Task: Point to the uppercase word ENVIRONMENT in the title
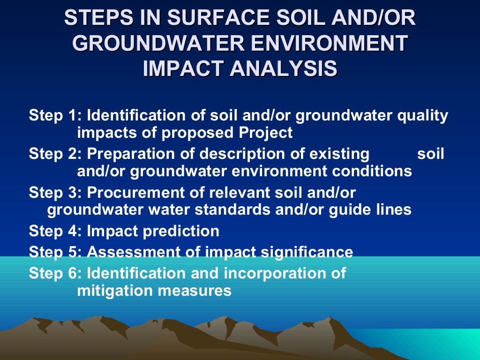point(322,43)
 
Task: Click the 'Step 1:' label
point(56,115)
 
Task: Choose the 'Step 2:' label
point(56,154)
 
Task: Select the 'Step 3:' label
point(56,192)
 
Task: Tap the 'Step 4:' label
point(56,231)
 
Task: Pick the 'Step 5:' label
point(56,252)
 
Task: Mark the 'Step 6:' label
point(56,273)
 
